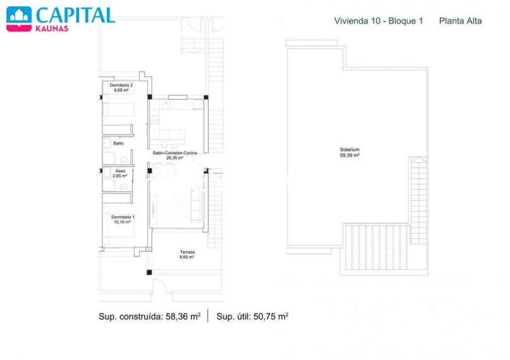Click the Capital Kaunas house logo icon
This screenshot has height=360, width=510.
(19, 19)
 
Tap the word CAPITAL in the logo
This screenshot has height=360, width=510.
(75, 15)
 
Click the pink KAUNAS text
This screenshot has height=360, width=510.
(52, 28)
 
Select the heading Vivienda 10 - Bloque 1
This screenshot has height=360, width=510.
(379, 21)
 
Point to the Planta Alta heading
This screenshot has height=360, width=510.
(460, 21)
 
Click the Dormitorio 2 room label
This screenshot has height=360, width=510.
(121, 85)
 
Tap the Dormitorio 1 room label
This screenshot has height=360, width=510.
(123, 217)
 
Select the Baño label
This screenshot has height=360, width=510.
(118, 143)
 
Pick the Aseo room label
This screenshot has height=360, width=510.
(120, 171)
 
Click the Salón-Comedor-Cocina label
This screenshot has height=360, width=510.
(174, 153)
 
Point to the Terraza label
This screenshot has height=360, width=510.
(187, 252)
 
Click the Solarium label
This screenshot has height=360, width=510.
(349, 150)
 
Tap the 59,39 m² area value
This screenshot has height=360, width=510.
(349, 155)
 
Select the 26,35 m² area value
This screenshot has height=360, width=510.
(174, 158)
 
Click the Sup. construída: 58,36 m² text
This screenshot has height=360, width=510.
(150, 316)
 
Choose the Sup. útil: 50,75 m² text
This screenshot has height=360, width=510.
(252, 316)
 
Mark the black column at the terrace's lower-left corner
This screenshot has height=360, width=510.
(149, 272)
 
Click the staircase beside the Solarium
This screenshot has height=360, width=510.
(418, 200)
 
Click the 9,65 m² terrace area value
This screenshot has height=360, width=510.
(186, 257)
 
